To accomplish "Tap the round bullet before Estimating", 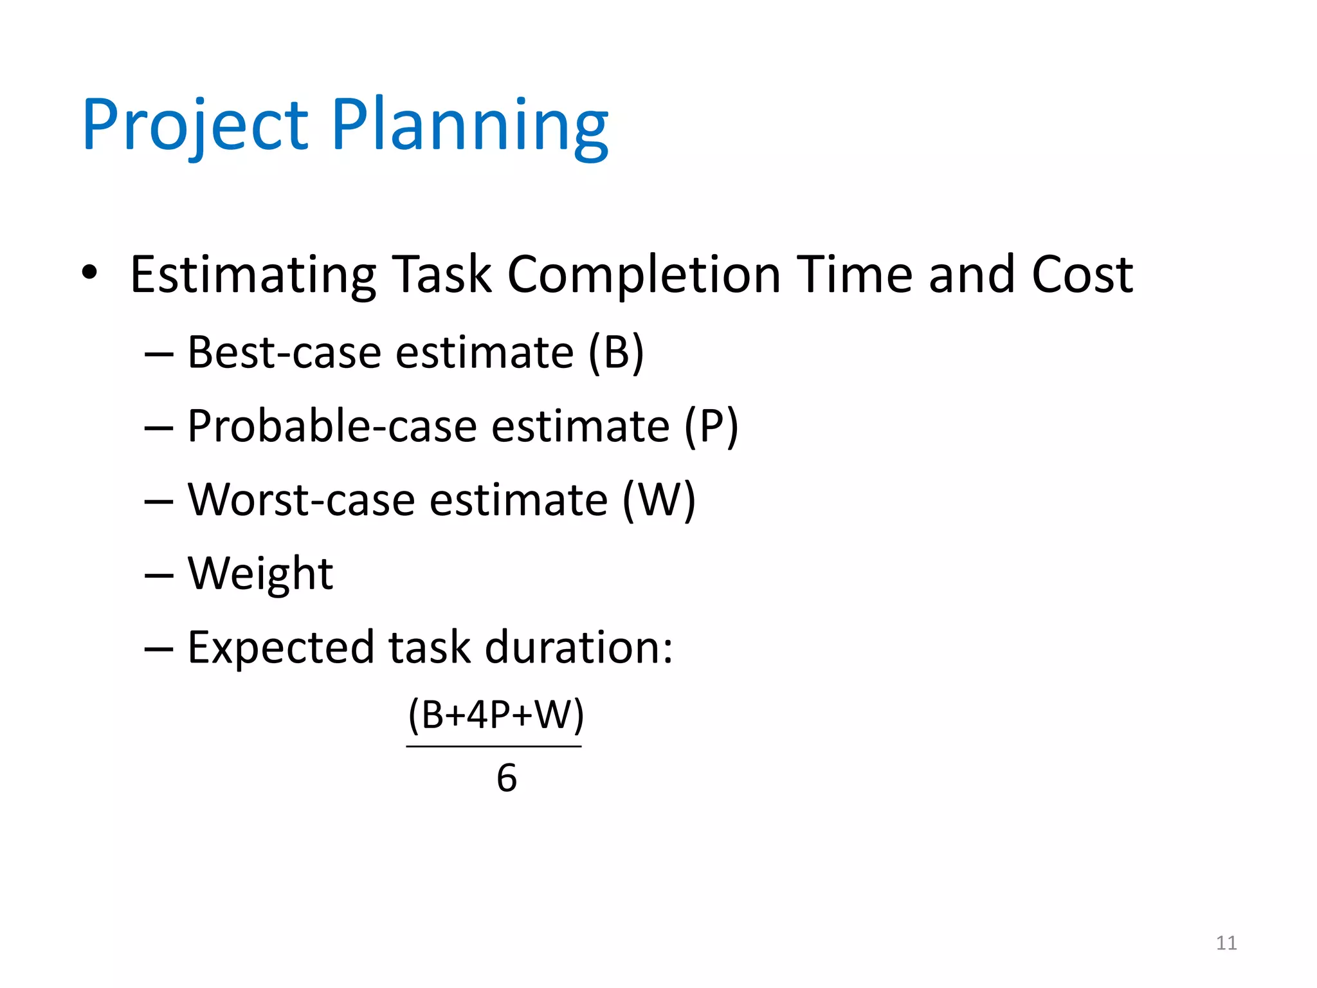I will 89,273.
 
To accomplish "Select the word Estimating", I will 253,275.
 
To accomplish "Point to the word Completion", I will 644,275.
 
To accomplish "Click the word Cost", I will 1082,274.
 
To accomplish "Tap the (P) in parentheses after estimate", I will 711,426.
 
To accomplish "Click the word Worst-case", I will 301,500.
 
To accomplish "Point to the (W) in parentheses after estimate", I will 659,500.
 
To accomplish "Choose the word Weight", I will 260,574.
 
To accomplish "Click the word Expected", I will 280,647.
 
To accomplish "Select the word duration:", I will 578,647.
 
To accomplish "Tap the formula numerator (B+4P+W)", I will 496,715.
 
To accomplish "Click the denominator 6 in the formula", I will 507,778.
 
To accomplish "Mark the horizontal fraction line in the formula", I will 494,747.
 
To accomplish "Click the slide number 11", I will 1226,943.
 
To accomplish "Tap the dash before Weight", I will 159,574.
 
